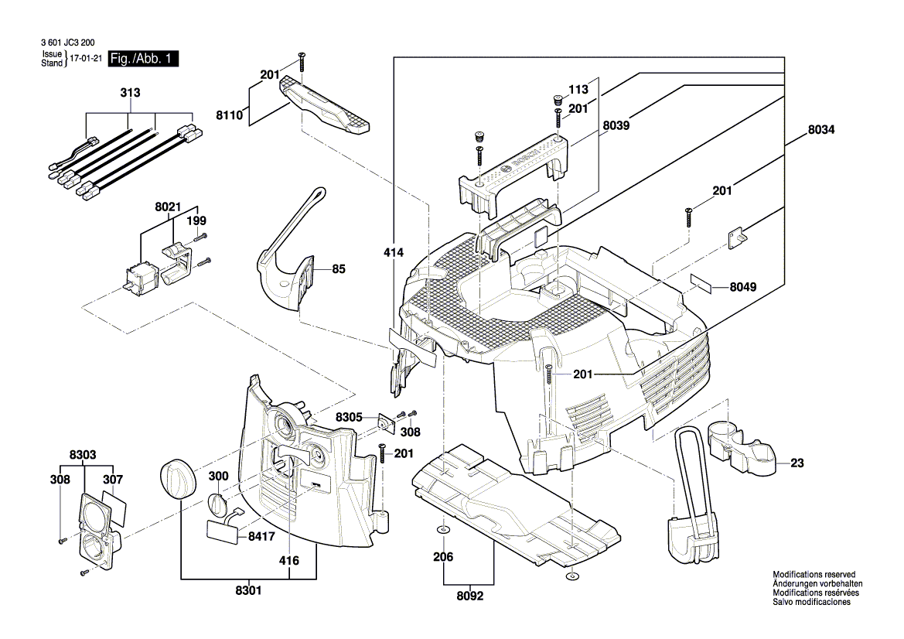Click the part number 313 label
coord(130,94)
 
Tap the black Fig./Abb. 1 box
coord(144,59)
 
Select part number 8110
coord(230,115)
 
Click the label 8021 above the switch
coord(167,207)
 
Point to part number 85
coord(339,269)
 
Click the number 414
coord(394,252)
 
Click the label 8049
coord(743,287)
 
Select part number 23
coord(797,464)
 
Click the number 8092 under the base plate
coord(469,597)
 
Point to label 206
coord(443,557)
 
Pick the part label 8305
coord(349,417)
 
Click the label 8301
coord(248,591)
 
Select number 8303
coord(83,455)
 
